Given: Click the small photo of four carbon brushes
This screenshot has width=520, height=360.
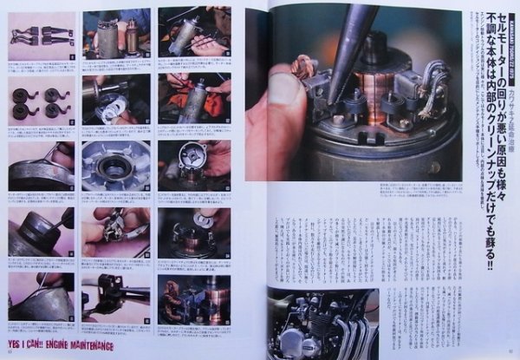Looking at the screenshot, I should click(x=41, y=36).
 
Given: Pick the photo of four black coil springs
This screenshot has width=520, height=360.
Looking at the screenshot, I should click(x=41, y=101).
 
